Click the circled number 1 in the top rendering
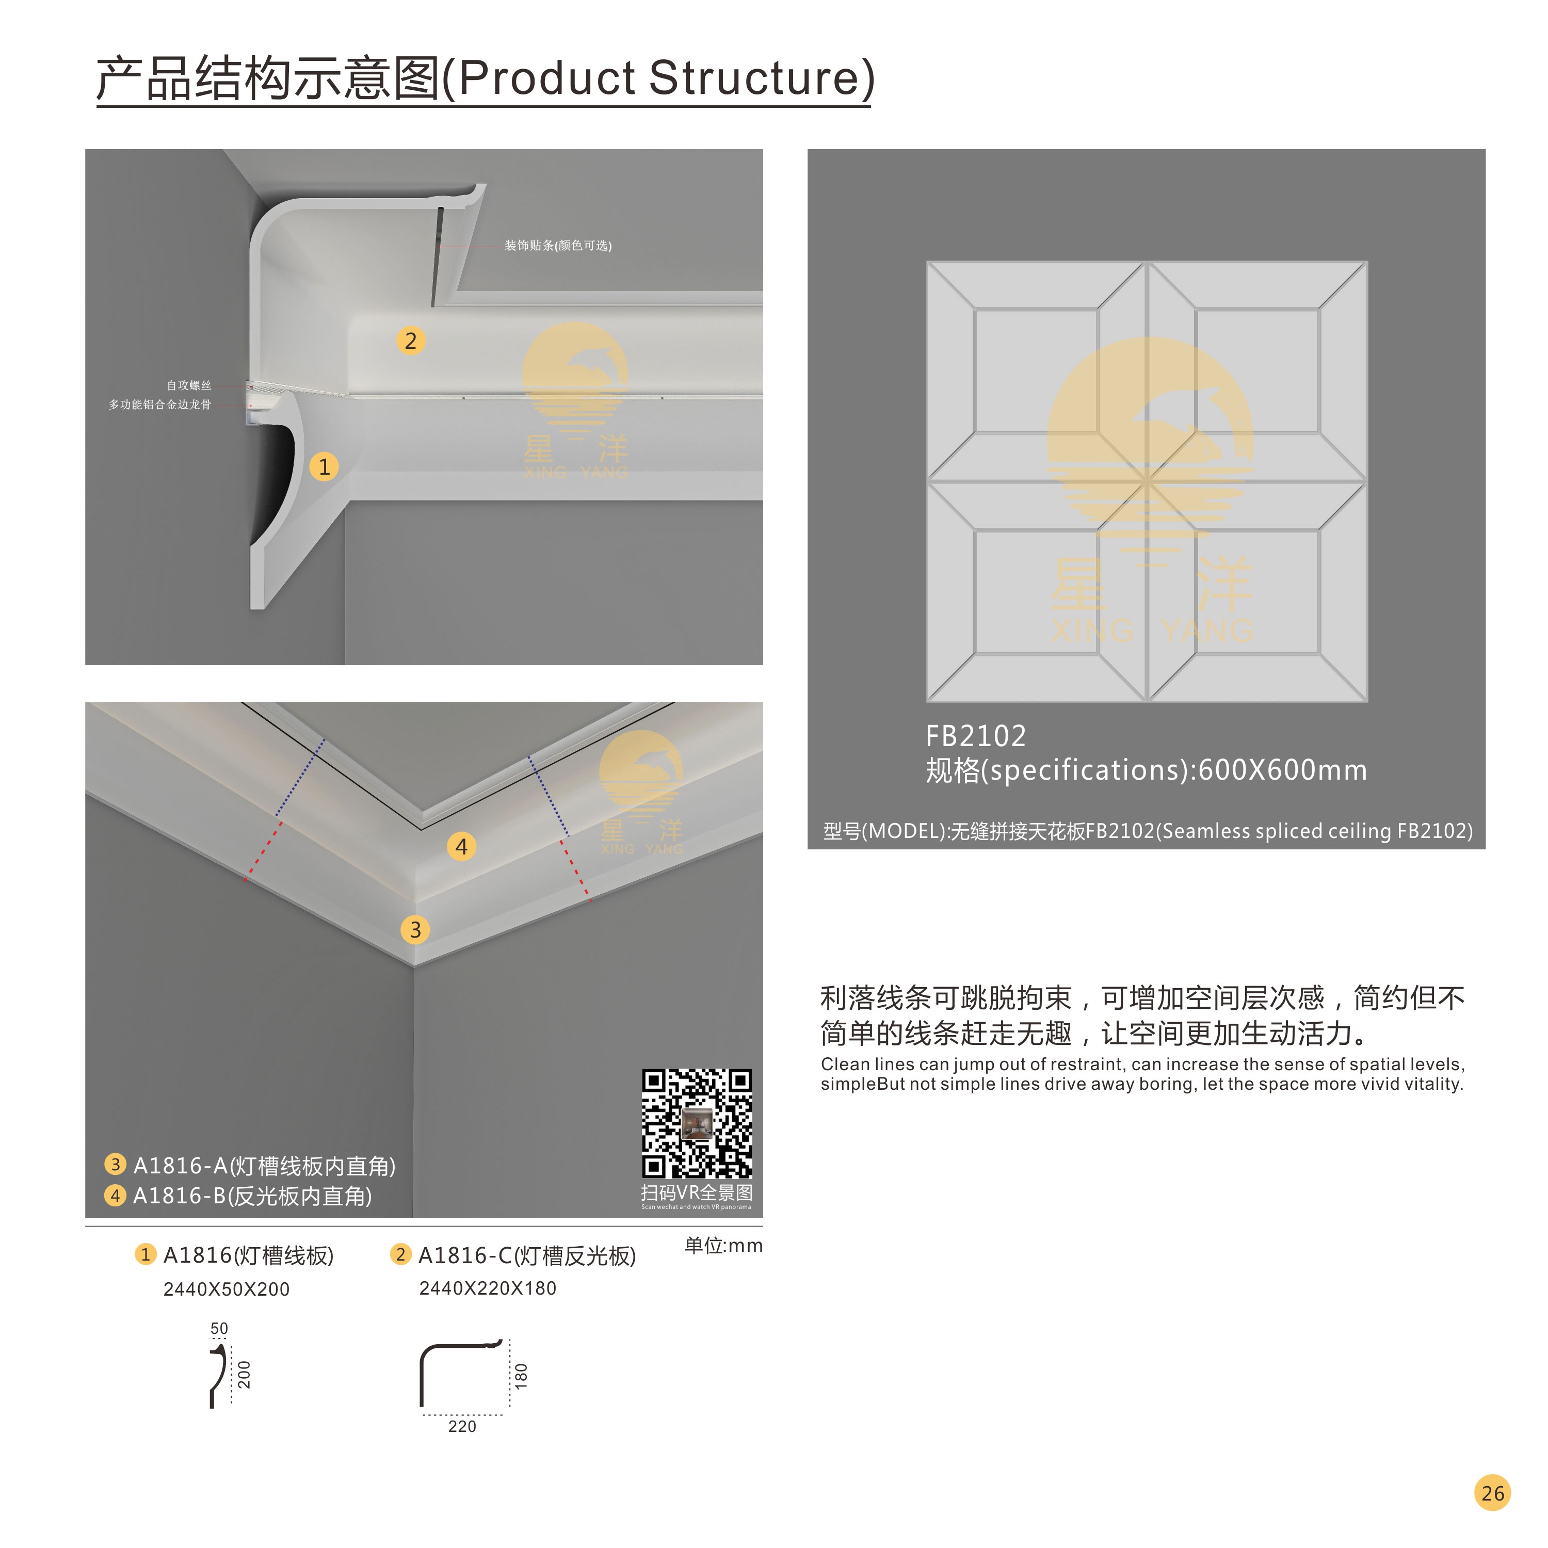[324, 466]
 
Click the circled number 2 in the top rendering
[410, 341]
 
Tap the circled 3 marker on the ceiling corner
[415, 929]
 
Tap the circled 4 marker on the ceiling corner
[461, 846]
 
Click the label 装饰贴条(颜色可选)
[558, 245]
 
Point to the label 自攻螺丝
[189, 385]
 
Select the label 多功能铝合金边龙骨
[160, 405]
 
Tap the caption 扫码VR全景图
[696, 1192]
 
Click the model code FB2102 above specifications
[975, 735]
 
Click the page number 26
[1492, 1493]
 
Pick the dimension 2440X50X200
[226, 1289]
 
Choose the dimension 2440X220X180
[487, 1288]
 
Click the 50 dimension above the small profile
[219, 1329]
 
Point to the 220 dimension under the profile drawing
[462, 1426]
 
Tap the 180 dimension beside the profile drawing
[521, 1376]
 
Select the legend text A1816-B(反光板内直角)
[252, 1196]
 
